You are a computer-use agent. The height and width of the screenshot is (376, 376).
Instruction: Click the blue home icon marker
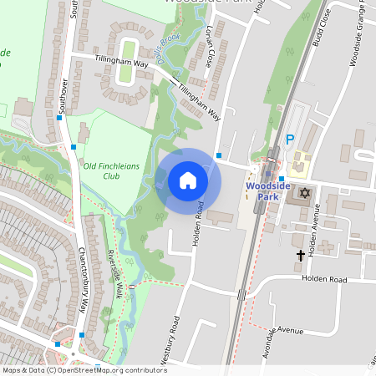(x=188, y=180)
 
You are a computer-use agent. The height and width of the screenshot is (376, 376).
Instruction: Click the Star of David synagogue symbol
(x=303, y=194)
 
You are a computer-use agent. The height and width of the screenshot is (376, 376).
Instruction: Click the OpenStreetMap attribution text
(x=84, y=370)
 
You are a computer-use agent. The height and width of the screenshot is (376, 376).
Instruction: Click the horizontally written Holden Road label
(x=323, y=279)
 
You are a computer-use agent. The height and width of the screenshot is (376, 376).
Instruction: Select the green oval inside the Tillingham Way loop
(x=127, y=61)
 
